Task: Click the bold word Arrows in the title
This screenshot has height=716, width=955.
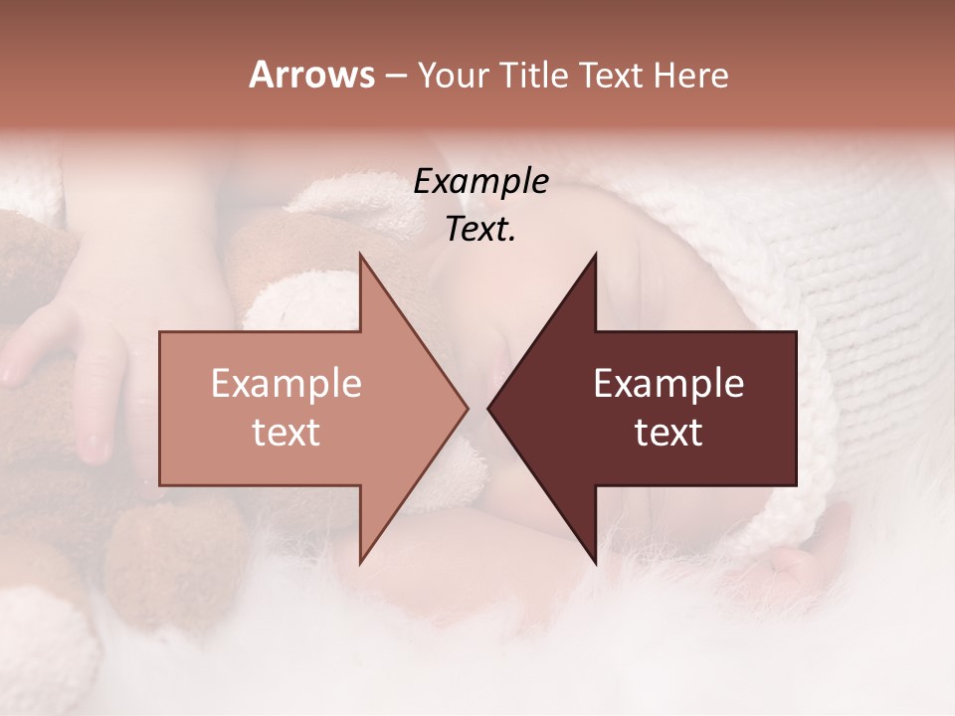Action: [x=311, y=75]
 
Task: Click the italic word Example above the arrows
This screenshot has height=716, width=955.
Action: [x=480, y=182]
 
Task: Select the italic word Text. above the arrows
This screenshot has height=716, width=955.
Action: [x=480, y=229]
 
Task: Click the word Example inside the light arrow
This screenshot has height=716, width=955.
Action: [x=286, y=383]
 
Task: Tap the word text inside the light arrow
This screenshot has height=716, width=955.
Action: [x=286, y=433]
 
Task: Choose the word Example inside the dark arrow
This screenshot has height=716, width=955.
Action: [x=668, y=383]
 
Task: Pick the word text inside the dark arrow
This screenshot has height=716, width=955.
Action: [x=668, y=433]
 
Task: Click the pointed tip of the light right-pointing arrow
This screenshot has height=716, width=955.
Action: [x=466, y=408]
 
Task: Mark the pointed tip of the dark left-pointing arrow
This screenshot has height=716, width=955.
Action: [x=490, y=408]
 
